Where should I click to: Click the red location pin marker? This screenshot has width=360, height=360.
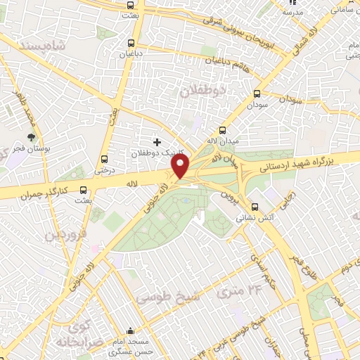[x=181, y=167]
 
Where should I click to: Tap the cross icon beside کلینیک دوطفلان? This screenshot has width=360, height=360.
[x=156, y=142]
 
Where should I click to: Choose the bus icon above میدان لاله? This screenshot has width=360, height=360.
[x=223, y=130]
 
